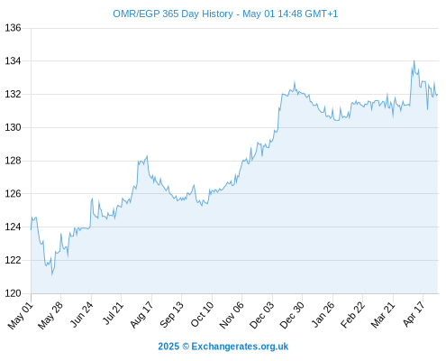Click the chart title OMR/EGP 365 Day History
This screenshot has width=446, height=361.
(x=173, y=14)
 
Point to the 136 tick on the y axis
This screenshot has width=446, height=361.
(x=13, y=28)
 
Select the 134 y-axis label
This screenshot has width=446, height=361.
(x=13, y=61)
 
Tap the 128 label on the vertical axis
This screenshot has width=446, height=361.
(x=13, y=161)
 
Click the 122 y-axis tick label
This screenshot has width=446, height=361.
(x=13, y=260)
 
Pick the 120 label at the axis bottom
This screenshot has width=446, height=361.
(x=13, y=293)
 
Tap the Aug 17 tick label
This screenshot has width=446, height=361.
(x=141, y=314)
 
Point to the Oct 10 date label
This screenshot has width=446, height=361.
(x=202, y=314)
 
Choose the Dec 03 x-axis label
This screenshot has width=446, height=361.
(x=261, y=314)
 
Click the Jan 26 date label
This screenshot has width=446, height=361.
(x=323, y=314)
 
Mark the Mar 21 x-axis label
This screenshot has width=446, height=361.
(x=383, y=314)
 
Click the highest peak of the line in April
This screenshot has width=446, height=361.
(x=414, y=61)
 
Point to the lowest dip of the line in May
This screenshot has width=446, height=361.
(x=52, y=274)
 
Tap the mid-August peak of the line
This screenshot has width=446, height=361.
(x=147, y=156)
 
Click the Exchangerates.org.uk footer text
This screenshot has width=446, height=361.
(x=240, y=347)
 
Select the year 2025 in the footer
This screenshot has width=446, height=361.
(x=168, y=347)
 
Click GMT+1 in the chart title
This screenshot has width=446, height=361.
(x=321, y=14)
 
